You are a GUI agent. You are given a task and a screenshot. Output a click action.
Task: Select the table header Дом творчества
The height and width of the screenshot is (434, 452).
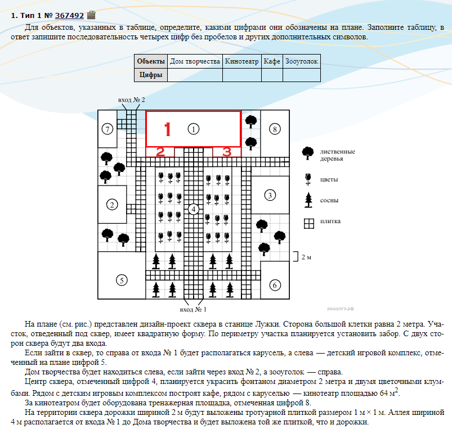(195, 61)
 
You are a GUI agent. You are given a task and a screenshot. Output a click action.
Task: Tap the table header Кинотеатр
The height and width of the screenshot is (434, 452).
(241, 61)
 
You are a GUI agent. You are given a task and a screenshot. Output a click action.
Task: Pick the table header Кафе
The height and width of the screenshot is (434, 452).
(272, 61)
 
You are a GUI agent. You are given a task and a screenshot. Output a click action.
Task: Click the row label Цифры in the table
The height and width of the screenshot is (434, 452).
(151, 75)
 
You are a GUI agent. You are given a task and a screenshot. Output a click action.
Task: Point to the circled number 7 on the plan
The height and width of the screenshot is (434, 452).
(108, 129)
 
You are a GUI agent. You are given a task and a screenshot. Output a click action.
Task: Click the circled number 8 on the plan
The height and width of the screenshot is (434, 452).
(274, 129)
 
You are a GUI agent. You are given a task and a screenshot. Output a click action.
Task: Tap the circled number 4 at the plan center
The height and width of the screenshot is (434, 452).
(193, 209)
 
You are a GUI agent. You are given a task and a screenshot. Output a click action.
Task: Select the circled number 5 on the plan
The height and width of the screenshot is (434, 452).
(120, 279)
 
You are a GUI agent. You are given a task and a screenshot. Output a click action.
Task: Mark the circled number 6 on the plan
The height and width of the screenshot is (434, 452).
(274, 285)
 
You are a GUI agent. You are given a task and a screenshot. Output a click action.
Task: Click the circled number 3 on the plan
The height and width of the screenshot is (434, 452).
(270, 195)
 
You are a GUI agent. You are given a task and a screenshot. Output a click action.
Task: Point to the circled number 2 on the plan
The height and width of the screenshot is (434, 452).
(113, 205)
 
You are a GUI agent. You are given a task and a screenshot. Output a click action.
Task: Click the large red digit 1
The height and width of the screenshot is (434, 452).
(167, 130)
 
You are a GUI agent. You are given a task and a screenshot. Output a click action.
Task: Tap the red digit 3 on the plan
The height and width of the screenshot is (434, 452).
(226, 152)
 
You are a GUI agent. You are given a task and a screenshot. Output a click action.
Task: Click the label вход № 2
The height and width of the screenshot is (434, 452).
(132, 100)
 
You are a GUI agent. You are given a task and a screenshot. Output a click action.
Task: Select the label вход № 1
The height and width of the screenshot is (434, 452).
(193, 310)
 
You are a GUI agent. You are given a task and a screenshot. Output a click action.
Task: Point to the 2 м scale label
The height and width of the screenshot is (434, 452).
(306, 257)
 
